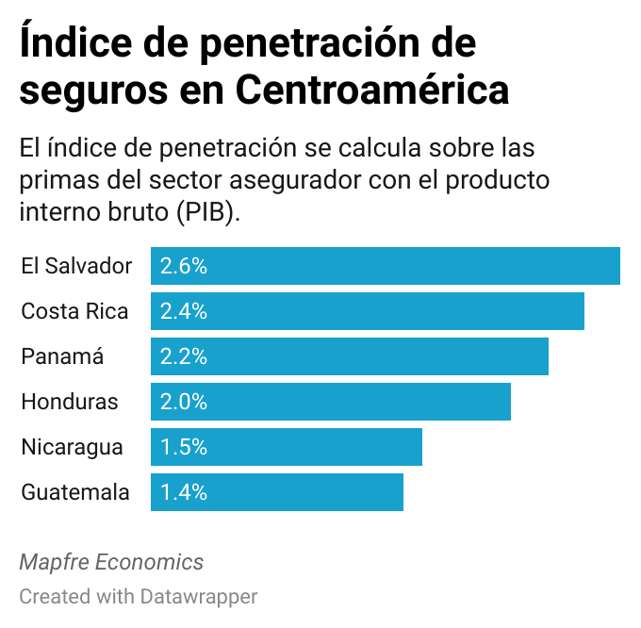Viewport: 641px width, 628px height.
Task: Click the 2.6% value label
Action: coord(183,266)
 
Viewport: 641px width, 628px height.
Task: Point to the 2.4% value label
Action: coord(183,311)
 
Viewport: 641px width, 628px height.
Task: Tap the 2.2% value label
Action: coord(183,356)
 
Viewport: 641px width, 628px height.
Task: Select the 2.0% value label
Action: coord(183,402)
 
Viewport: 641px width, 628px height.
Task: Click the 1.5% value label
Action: coord(183,447)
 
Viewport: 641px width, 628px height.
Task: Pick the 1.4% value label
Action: coord(183,492)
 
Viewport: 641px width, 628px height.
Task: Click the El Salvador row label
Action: coord(76,266)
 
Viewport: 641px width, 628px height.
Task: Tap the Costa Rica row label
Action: coord(74,311)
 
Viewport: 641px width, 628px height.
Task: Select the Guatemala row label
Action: coord(75,492)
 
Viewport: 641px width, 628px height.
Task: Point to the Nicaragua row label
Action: coord(72,447)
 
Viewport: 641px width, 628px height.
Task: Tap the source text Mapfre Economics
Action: coord(111,562)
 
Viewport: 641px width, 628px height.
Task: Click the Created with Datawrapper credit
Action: coord(138,596)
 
